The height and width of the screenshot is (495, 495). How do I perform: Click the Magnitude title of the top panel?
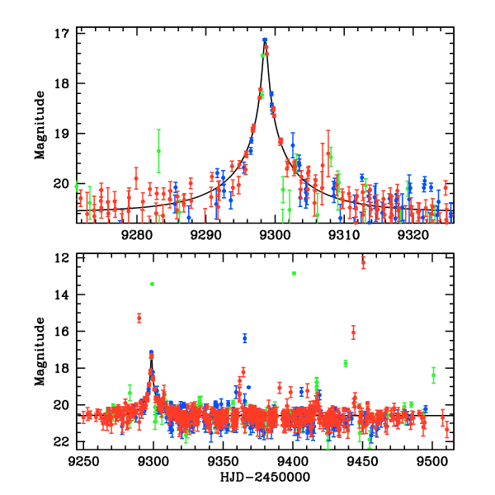point(39,125)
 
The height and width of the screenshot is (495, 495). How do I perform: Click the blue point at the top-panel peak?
point(265,40)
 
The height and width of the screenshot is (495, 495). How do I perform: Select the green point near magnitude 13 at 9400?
point(294,273)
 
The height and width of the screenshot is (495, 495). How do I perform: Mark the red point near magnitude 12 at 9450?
point(363,262)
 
